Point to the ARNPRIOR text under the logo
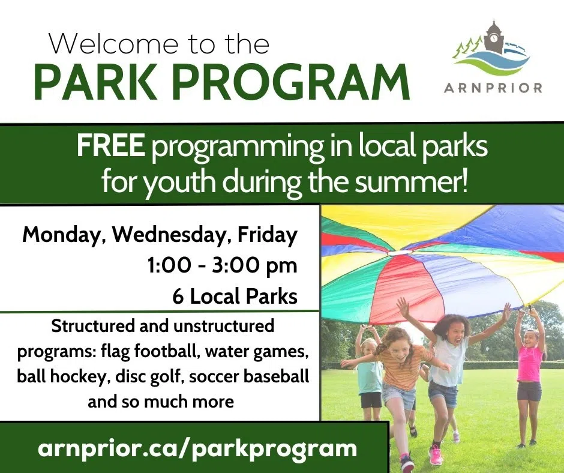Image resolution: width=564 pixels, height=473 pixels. [x=493, y=88]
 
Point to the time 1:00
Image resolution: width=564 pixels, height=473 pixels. [x=169, y=266]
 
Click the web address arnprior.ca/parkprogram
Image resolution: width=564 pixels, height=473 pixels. [x=197, y=448]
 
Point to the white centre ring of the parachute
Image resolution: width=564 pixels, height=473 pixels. [x=395, y=253]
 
